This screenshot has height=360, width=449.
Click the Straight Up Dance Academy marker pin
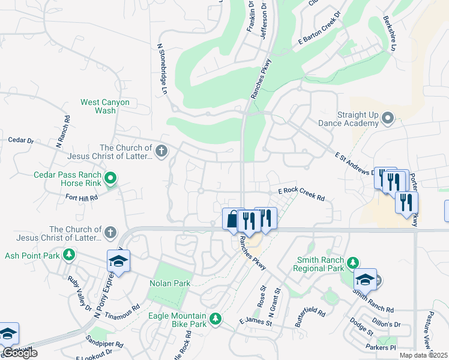[x=387, y=119]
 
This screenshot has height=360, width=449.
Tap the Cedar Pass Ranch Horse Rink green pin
[x=110, y=178]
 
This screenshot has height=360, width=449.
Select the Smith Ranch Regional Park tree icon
[x=353, y=262]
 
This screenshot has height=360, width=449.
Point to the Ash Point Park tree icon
[x=69, y=255]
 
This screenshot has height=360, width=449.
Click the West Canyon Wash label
[x=106, y=106]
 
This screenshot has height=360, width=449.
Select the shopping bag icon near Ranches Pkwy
[x=232, y=219]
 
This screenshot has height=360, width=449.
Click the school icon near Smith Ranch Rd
[x=364, y=279]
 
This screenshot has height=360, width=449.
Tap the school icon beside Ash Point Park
[x=119, y=261]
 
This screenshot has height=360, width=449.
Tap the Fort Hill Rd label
[x=82, y=197]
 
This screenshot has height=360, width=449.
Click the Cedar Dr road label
[x=20, y=140]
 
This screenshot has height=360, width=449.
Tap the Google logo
[x=20, y=353]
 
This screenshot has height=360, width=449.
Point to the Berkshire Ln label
[x=391, y=34]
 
